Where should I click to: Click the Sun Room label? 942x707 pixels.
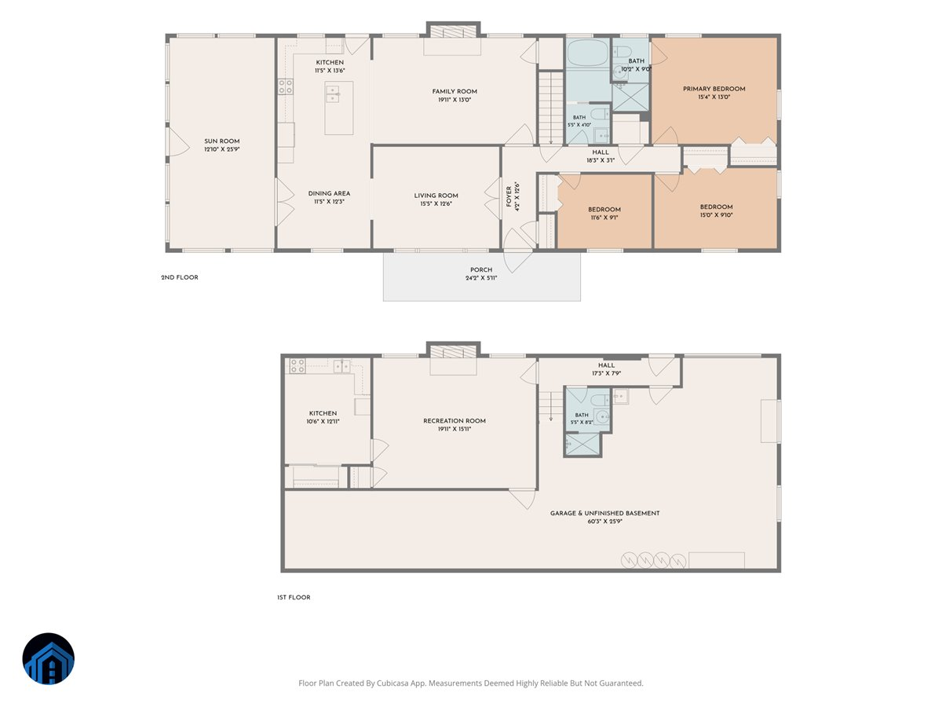(x=221, y=141)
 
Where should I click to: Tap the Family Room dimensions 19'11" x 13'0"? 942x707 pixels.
(x=454, y=100)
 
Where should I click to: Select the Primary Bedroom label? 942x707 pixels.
(x=714, y=89)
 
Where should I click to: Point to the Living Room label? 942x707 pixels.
(x=436, y=196)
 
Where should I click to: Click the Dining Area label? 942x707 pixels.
(x=329, y=193)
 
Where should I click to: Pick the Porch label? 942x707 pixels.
(x=480, y=269)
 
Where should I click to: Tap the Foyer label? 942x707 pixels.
(x=509, y=196)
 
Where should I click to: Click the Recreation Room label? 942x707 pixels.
(x=454, y=421)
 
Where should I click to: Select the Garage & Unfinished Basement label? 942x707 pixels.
(x=604, y=513)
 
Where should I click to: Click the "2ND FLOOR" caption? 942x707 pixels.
(x=180, y=277)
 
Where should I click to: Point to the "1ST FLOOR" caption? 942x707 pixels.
(x=294, y=597)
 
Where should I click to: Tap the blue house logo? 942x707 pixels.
(x=49, y=658)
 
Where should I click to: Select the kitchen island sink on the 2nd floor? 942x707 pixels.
(x=333, y=94)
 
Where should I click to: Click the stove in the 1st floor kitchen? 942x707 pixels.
(x=297, y=366)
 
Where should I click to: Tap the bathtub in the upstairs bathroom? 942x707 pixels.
(x=587, y=53)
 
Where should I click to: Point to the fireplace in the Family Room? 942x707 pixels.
(x=453, y=31)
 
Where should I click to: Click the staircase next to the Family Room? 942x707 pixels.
(x=550, y=108)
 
